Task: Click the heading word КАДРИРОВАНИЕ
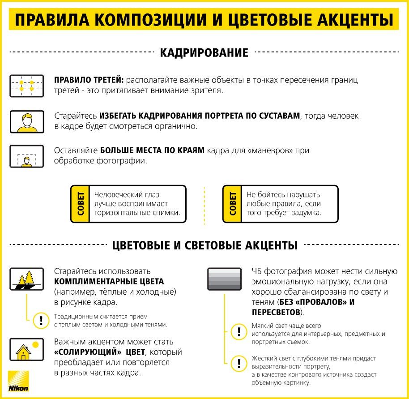204,53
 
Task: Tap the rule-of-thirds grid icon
26,86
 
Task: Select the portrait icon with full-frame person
26,121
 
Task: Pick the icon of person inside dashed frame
26,156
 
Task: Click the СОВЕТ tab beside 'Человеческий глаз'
80,204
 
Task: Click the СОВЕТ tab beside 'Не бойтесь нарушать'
232,204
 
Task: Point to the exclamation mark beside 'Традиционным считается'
42,320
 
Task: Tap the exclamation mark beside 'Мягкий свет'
239,332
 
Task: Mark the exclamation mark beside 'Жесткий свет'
239,363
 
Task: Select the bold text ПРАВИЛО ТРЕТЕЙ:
89,80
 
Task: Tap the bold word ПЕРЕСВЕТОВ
275,312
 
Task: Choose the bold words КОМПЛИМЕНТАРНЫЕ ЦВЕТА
109,282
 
